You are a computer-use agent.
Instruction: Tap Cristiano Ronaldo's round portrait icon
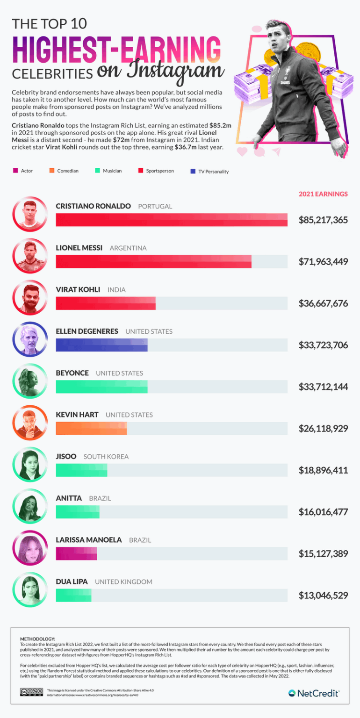[x=30, y=214]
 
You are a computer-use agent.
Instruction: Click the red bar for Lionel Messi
[x=153, y=262]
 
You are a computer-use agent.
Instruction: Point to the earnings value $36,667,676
[x=323, y=303]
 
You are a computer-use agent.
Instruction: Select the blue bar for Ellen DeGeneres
[x=101, y=345]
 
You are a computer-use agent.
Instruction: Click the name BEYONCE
[x=72, y=373]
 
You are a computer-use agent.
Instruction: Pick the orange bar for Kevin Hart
[x=91, y=428]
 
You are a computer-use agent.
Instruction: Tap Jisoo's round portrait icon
[x=30, y=464]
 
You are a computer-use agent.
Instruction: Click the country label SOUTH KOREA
[x=106, y=457]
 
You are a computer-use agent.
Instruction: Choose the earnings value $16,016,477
[x=323, y=512]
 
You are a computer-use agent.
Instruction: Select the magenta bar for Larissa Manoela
[x=76, y=553]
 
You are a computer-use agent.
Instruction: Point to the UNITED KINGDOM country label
[x=123, y=582]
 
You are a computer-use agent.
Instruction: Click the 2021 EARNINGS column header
[x=323, y=194]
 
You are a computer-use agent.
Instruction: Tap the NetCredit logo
[x=314, y=693]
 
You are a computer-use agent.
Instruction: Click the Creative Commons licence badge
[x=31, y=692]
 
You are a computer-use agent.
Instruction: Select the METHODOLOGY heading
[x=37, y=639]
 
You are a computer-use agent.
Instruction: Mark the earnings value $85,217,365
[x=323, y=219]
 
